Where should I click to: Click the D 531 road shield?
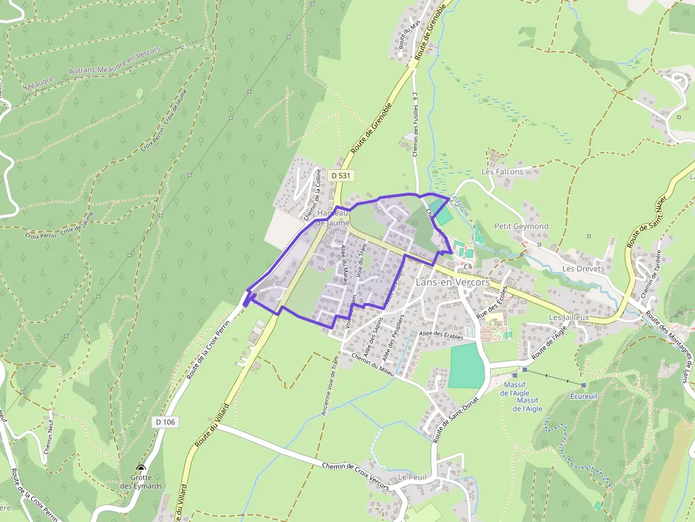point(341,175)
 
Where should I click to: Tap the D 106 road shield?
point(164,422)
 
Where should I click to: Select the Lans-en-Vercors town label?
point(452,282)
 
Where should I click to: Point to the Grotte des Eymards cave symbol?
point(140,468)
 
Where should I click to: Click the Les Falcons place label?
point(502,171)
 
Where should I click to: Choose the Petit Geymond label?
point(521,227)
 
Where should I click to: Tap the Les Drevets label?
point(583,269)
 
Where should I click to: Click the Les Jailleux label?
point(569,318)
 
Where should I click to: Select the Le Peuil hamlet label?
point(412,477)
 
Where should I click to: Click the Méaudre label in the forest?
point(39,84)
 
